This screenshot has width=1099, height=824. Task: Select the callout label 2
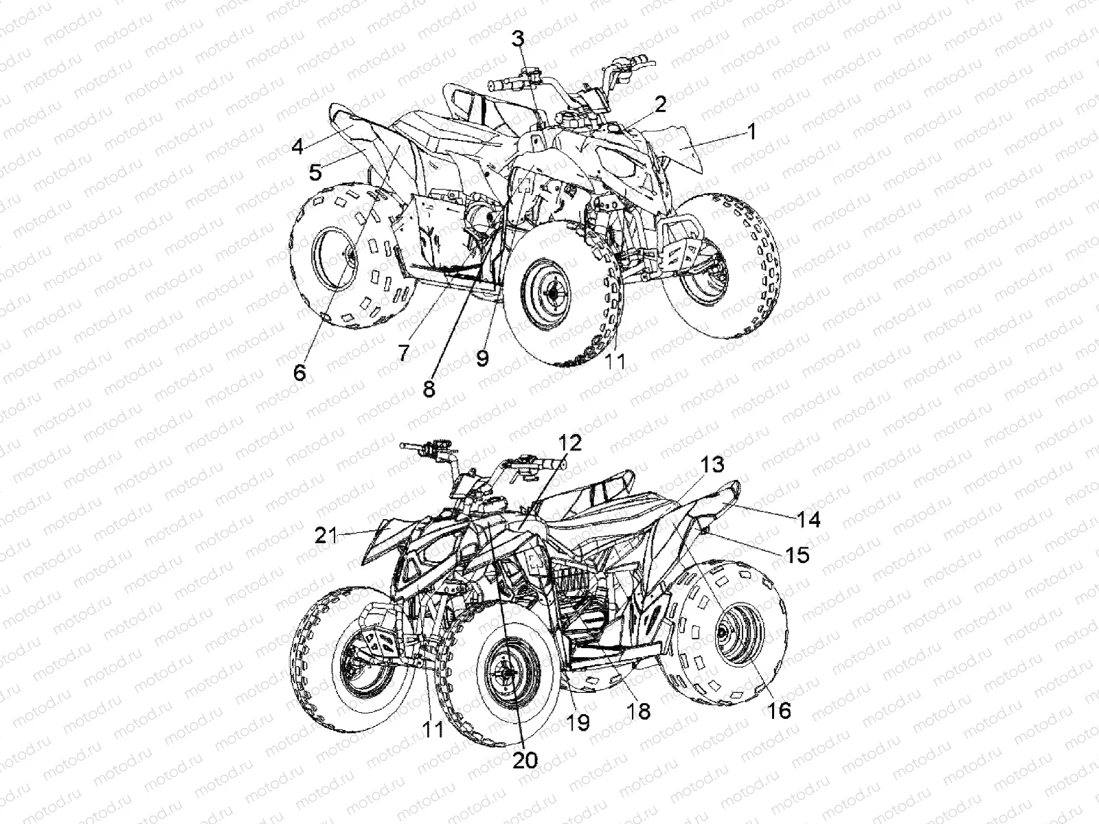coord(660,104)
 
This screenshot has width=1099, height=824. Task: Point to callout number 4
coord(297,146)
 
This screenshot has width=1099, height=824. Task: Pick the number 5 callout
coord(315,172)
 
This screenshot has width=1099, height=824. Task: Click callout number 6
coord(299,372)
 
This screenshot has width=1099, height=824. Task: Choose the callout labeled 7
coord(403,353)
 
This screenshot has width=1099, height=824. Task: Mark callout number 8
coord(429,389)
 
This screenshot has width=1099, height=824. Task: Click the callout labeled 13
coord(712,465)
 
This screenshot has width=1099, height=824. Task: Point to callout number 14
coord(808,520)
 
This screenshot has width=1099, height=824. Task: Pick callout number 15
coord(797,553)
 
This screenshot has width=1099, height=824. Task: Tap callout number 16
coord(780,709)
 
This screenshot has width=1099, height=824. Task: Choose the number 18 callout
coord(639,711)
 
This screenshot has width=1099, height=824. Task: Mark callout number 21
coord(327,534)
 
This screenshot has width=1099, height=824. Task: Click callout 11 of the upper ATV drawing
coord(615,360)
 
